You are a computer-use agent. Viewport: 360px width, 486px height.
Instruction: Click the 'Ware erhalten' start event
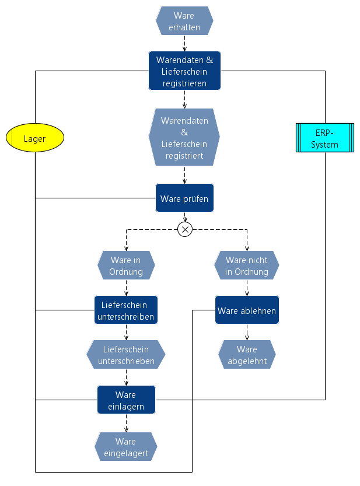point(184,22)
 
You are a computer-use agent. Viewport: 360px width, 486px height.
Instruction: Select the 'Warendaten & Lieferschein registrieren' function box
point(184,71)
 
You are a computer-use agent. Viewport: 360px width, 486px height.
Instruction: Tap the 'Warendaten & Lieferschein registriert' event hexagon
point(184,138)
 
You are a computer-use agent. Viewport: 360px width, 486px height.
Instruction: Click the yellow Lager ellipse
point(34,138)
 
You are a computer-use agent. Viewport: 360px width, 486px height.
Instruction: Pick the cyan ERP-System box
point(324,138)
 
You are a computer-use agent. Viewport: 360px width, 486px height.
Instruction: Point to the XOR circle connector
point(185,229)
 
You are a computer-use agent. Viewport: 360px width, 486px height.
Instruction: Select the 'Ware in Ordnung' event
point(125,265)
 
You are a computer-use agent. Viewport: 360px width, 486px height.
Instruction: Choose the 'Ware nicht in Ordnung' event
point(247,265)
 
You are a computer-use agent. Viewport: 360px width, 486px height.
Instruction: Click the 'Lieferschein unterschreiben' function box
point(126,310)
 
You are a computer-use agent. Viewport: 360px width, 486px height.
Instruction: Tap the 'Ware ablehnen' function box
point(247,310)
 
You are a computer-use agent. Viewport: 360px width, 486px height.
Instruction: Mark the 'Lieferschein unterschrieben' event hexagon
point(126,355)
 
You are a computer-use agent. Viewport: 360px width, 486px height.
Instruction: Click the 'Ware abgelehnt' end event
point(247,355)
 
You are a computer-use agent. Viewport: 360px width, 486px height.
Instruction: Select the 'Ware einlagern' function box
point(126,400)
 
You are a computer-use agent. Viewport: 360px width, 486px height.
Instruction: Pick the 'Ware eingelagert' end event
point(126,446)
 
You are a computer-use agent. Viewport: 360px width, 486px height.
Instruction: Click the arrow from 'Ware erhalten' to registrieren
point(185,43)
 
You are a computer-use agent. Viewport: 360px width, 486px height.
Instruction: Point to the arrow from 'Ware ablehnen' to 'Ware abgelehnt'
point(247,332)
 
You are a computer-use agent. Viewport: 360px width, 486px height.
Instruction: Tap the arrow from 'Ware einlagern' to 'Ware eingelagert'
point(126,423)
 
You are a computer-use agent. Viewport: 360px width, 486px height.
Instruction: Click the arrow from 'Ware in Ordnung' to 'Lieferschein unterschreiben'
point(126,288)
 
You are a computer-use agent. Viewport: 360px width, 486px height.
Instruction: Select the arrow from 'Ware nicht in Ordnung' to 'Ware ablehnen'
point(247,288)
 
